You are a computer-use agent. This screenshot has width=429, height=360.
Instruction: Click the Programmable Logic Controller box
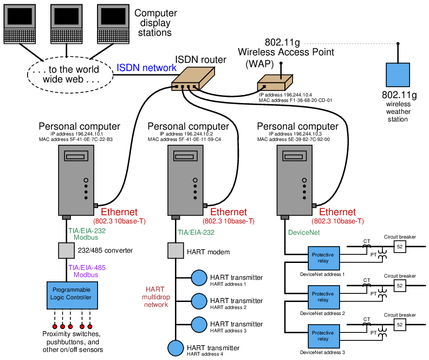(73, 295)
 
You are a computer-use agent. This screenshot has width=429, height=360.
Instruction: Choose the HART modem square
(175, 251)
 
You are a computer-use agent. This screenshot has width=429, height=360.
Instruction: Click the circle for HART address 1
(199, 278)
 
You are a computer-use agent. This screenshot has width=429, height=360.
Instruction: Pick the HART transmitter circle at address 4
(175, 347)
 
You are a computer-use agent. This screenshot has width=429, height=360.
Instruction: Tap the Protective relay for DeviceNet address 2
(323, 297)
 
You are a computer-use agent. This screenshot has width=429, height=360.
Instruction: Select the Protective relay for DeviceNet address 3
(323, 336)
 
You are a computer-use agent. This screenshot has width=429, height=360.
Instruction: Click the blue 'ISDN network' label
(146, 68)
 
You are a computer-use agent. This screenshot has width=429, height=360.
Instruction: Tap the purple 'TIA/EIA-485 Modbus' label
(87, 272)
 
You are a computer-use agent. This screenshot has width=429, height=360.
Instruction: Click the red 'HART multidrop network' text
(156, 297)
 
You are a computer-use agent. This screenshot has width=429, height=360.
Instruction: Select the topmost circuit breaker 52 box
(399, 246)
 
